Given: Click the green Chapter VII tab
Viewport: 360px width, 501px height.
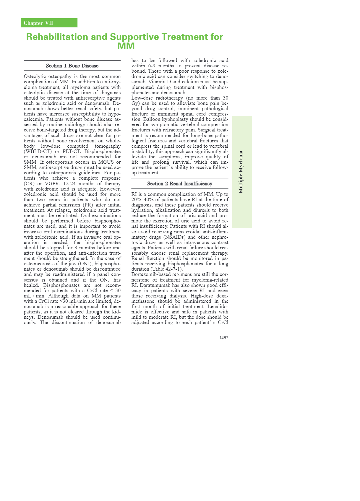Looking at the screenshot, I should tap(49, 23).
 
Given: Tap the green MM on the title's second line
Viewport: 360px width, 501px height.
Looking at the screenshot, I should tap(126, 46).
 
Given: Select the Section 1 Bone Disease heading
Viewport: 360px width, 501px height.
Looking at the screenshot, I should tap(72, 66).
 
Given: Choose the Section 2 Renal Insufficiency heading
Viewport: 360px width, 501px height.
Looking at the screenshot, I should tap(180, 183).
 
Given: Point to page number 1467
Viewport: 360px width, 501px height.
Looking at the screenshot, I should tap(223, 338).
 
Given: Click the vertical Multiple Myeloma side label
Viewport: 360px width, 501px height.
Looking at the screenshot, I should tap(241, 172).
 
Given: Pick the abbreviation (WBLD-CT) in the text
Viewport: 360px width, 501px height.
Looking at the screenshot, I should tap(38, 151).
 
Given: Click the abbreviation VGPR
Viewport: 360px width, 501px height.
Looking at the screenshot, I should tap(52, 183).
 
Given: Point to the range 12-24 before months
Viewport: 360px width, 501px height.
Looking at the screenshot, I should tap(69, 183).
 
